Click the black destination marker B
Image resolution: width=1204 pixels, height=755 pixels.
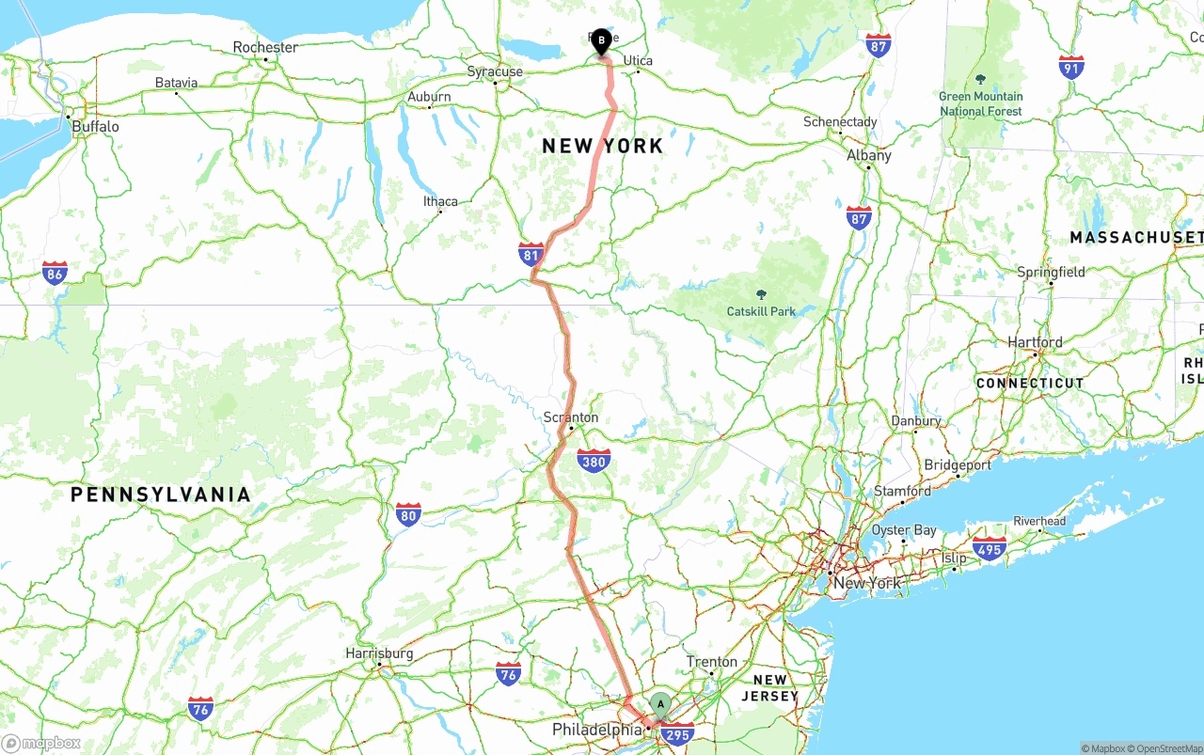click(x=602, y=40)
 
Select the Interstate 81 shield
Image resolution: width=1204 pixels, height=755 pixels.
click(x=531, y=254)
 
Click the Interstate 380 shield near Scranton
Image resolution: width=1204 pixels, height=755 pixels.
click(x=594, y=461)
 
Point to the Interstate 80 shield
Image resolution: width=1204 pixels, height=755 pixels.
click(x=407, y=514)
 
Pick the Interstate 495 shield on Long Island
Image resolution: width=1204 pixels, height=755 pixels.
click(x=990, y=548)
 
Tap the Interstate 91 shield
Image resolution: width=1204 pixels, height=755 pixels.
click(x=1070, y=67)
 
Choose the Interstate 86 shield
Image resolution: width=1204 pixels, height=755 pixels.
click(x=55, y=274)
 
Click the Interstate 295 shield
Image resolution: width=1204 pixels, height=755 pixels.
click(x=677, y=735)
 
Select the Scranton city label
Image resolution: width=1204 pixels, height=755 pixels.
click(x=571, y=417)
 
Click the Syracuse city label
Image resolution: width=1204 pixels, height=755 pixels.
click(x=495, y=71)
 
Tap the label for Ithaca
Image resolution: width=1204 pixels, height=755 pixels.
click(x=440, y=201)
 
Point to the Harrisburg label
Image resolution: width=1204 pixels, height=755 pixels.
click(x=379, y=653)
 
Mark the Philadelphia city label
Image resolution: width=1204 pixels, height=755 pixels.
click(x=597, y=730)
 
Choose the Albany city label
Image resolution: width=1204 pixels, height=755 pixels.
click(x=869, y=155)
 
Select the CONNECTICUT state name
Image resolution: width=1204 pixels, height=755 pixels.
click(x=1030, y=384)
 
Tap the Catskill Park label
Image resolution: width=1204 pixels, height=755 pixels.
click(x=761, y=311)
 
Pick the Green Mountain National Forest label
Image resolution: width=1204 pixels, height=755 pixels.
click(x=981, y=103)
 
